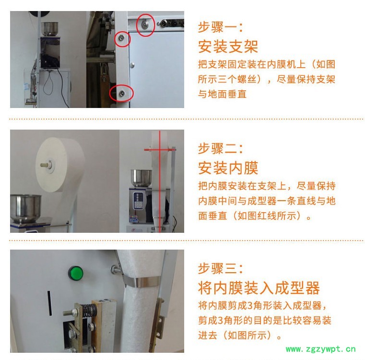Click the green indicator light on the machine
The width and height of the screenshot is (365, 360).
[76, 273]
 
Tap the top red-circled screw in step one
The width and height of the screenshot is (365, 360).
[145, 24]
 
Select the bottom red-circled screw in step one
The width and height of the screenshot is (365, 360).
[122, 94]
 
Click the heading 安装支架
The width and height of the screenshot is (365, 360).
[228, 47]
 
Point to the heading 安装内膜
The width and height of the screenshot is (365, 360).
[228, 168]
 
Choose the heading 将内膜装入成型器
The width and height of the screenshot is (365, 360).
[259, 288]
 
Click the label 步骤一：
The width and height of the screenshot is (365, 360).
[220, 27]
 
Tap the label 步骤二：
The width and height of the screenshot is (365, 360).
[220, 149]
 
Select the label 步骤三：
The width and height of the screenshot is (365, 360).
[220, 268]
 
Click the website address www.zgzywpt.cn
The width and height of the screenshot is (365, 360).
[320, 349]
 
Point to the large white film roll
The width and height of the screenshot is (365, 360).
[59, 165]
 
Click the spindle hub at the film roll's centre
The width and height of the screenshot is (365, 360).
[47, 165]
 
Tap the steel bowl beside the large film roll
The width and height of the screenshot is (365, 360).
[25, 208]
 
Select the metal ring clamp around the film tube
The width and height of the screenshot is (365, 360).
[141, 281]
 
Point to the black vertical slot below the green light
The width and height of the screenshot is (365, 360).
[49, 303]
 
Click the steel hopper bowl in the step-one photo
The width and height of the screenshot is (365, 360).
[49, 29]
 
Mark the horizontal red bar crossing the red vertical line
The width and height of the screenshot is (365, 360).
[159, 150]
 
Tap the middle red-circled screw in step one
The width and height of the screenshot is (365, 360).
[121, 38]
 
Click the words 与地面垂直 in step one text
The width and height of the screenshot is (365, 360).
[222, 94]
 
